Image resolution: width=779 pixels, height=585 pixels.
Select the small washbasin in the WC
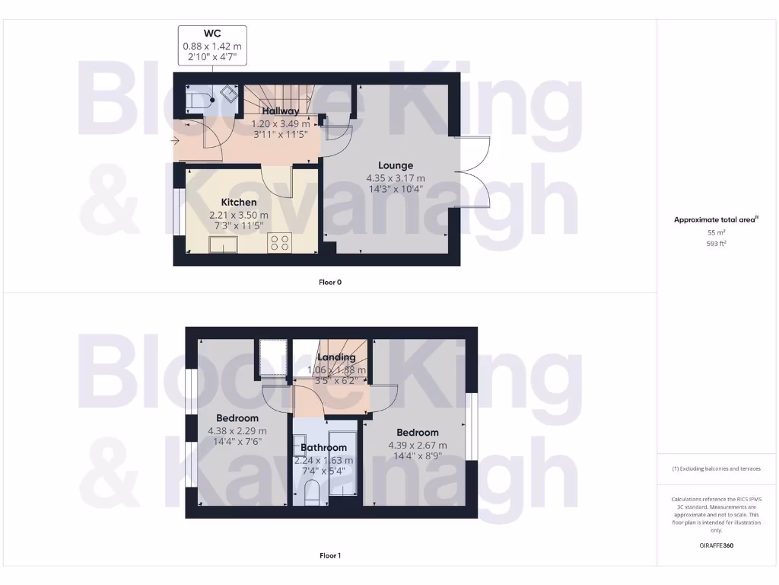pyautogui.click(x=227, y=94)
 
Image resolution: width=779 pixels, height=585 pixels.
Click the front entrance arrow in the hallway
pyautogui.click(x=177, y=139)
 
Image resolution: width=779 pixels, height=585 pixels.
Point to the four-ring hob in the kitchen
pyautogui.click(x=279, y=243)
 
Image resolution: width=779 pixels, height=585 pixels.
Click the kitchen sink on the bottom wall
pyautogui.click(x=224, y=244)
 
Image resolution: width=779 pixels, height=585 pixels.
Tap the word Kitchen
pyautogui.click(x=238, y=202)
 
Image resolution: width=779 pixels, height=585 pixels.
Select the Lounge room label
pyautogui.click(x=396, y=165)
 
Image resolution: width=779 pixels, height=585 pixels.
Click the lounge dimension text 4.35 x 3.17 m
pyautogui.click(x=396, y=178)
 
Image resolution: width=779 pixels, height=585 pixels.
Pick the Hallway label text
pyautogui.click(x=281, y=112)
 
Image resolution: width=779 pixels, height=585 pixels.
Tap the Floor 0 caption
pyautogui.click(x=329, y=282)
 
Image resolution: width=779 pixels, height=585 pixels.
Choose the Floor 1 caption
pyautogui.click(x=329, y=556)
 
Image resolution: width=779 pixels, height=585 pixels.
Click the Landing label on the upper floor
pyautogui.click(x=335, y=357)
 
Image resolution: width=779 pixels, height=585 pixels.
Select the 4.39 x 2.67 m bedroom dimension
pyautogui.click(x=417, y=446)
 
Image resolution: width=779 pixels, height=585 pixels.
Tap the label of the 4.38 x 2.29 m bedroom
pyautogui.click(x=237, y=418)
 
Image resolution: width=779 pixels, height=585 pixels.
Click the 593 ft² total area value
pyautogui.click(x=715, y=244)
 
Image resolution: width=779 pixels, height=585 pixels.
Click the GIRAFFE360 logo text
pyautogui.click(x=715, y=545)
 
